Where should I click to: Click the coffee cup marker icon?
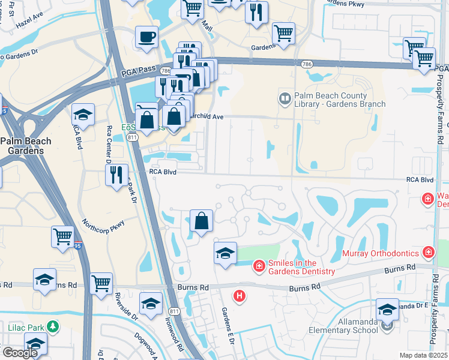tap(147, 37)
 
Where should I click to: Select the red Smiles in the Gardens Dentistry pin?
tap(259, 265)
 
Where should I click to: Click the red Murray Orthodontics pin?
tap(429, 253)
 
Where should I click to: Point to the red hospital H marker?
tap(240, 295)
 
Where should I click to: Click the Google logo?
tap(19, 352)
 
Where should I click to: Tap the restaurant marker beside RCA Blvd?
tap(115, 175)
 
